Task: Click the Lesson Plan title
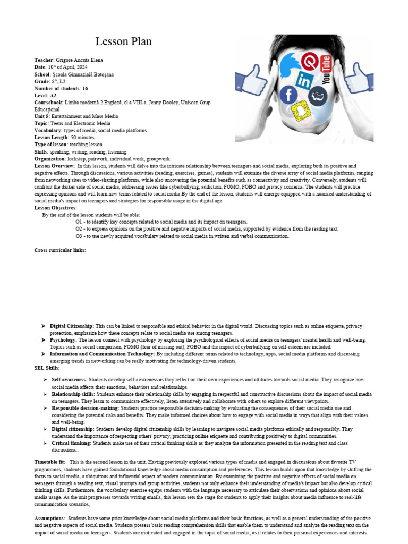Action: click(123, 41)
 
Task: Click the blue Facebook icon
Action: click(289, 95)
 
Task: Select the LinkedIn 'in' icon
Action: click(305, 81)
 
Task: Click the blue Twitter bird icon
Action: click(290, 66)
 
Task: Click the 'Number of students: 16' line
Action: click(61, 88)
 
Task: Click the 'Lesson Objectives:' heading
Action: click(56, 208)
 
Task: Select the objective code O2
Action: click(80, 229)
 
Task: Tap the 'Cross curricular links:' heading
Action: click(60, 250)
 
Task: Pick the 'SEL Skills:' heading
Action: click(47, 368)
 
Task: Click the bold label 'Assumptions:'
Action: click(50, 518)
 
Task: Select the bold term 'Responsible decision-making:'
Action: click(86, 408)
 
